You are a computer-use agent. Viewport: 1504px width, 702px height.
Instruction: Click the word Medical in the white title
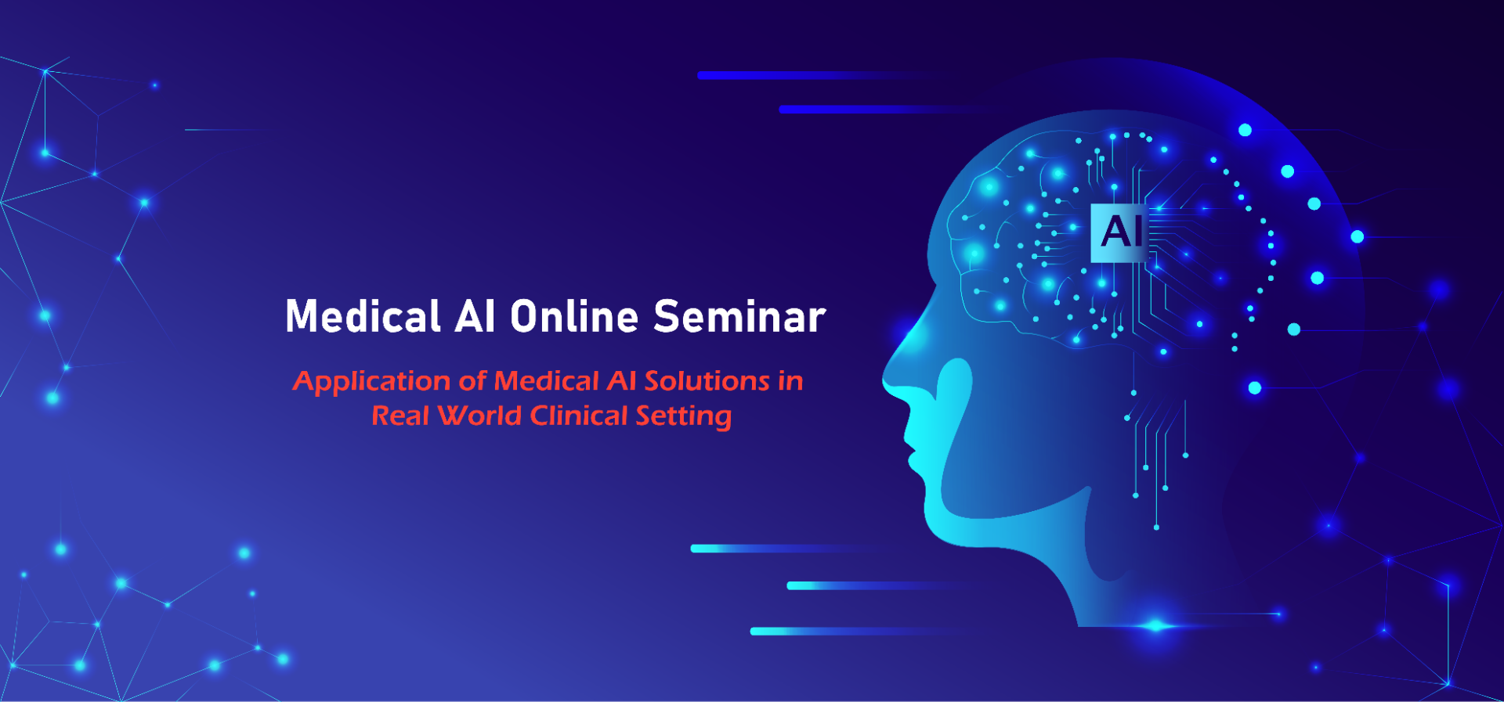pos(363,316)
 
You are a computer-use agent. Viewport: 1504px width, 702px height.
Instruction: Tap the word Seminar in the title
pos(739,316)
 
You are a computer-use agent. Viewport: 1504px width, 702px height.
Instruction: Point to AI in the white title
pos(475,316)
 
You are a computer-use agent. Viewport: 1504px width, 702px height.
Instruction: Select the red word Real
pos(400,416)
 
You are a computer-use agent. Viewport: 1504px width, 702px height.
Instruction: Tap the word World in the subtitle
pos(479,416)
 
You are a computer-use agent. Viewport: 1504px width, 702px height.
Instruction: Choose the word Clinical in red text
pos(579,416)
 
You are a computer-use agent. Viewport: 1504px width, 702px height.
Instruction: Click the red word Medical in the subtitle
pos(547,381)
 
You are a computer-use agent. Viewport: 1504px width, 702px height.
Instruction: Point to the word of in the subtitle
pos(472,381)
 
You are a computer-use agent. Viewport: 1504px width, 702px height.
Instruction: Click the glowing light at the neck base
pos(1156,625)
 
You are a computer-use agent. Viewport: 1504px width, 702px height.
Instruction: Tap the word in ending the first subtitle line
pos(790,381)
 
